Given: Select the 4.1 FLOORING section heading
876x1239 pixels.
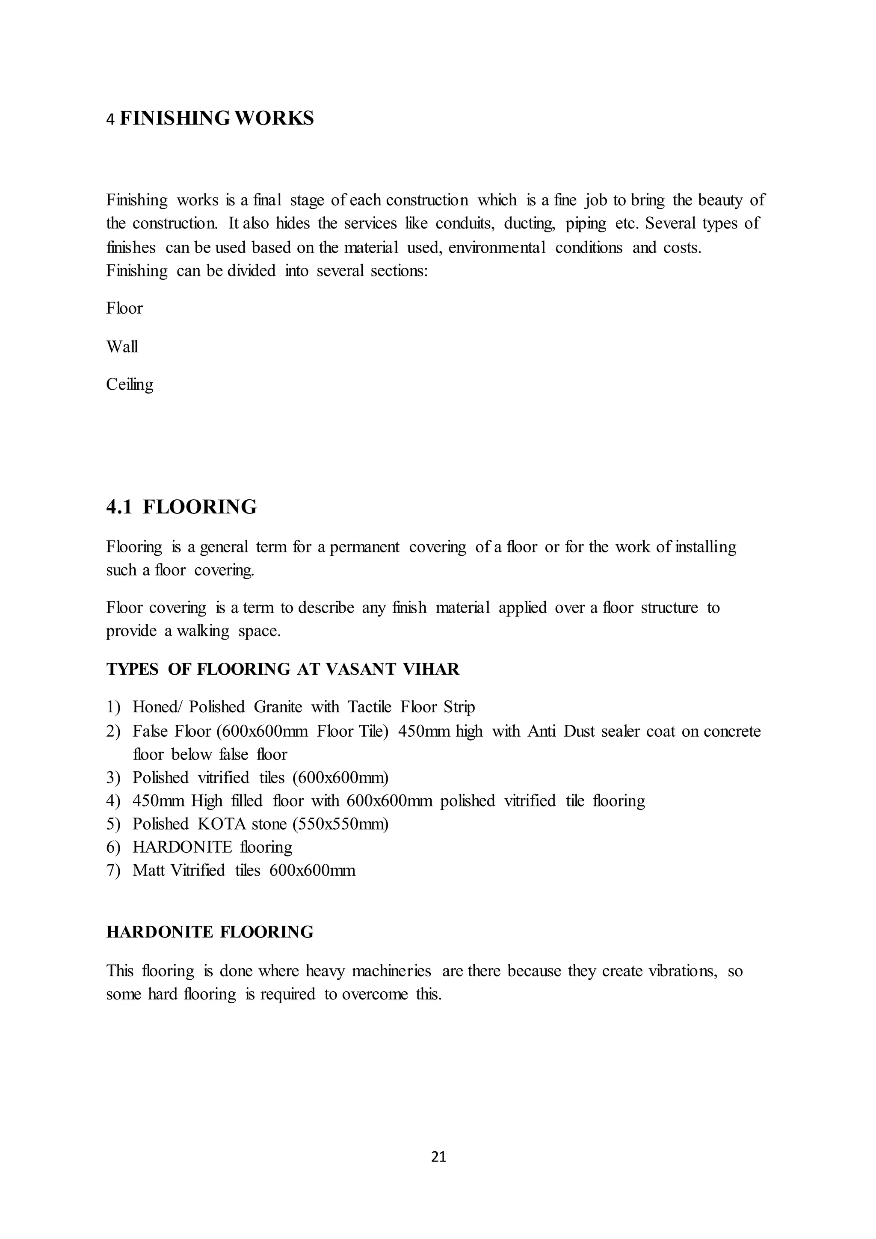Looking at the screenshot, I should click(x=182, y=507).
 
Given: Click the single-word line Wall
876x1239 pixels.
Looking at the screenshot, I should click(x=122, y=347).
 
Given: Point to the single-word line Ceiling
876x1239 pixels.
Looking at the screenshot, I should click(x=130, y=385).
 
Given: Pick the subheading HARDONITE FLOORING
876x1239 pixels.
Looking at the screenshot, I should click(x=210, y=932).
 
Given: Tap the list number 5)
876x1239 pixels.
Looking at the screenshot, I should click(x=113, y=824).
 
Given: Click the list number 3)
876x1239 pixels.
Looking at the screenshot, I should click(x=113, y=778).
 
